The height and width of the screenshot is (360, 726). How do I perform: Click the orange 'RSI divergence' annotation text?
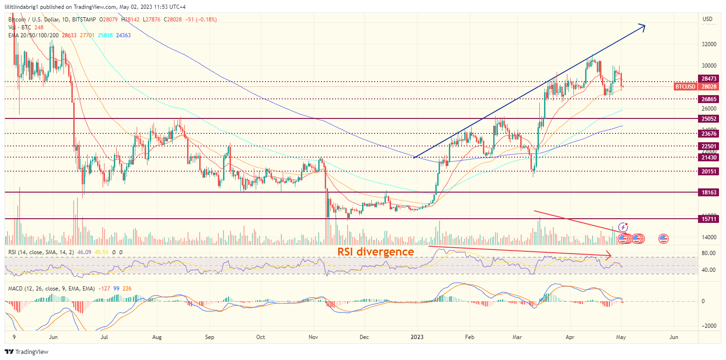pyautogui.click(x=376, y=252)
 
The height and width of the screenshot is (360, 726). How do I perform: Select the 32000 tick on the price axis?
pyautogui.click(x=709, y=44)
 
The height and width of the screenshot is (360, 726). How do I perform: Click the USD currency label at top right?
pyautogui.click(x=707, y=19)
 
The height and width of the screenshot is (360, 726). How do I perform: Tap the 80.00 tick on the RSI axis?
pyautogui.click(x=709, y=254)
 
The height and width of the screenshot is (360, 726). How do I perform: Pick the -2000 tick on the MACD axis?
pyautogui.click(x=709, y=326)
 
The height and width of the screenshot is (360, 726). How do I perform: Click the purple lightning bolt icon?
pyautogui.click(x=623, y=228)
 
